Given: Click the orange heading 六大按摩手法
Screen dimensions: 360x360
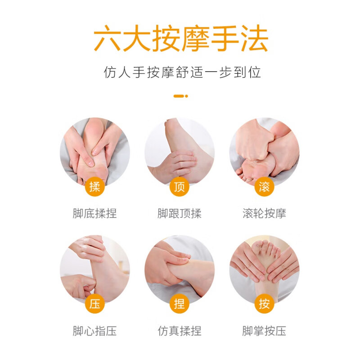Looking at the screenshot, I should click(x=180, y=39).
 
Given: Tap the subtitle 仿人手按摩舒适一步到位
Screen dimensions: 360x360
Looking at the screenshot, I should click(x=180, y=72).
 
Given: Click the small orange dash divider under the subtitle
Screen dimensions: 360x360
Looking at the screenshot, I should click(x=180, y=96).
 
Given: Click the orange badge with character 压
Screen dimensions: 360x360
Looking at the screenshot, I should click(x=94, y=304).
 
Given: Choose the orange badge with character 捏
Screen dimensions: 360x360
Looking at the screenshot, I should click(x=180, y=304).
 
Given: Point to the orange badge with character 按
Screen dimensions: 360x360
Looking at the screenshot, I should click(x=264, y=304).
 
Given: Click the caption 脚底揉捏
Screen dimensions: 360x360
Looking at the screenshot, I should click(x=94, y=213).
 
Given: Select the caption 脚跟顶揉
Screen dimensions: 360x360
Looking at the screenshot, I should click(x=180, y=213).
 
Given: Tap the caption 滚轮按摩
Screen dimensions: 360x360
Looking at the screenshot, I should click(x=264, y=213).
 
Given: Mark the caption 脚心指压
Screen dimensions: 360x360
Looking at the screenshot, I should click(x=94, y=331).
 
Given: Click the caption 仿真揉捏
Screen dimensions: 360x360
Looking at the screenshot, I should click(x=180, y=331).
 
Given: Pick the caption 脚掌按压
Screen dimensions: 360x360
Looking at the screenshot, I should click(x=264, y=331).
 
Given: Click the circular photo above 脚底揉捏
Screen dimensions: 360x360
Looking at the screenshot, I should click(x=94, y=151).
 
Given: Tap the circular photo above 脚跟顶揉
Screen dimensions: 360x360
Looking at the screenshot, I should click(x=180, y=151).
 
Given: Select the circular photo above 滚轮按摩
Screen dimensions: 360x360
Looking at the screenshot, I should click(x=264, y=151).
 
